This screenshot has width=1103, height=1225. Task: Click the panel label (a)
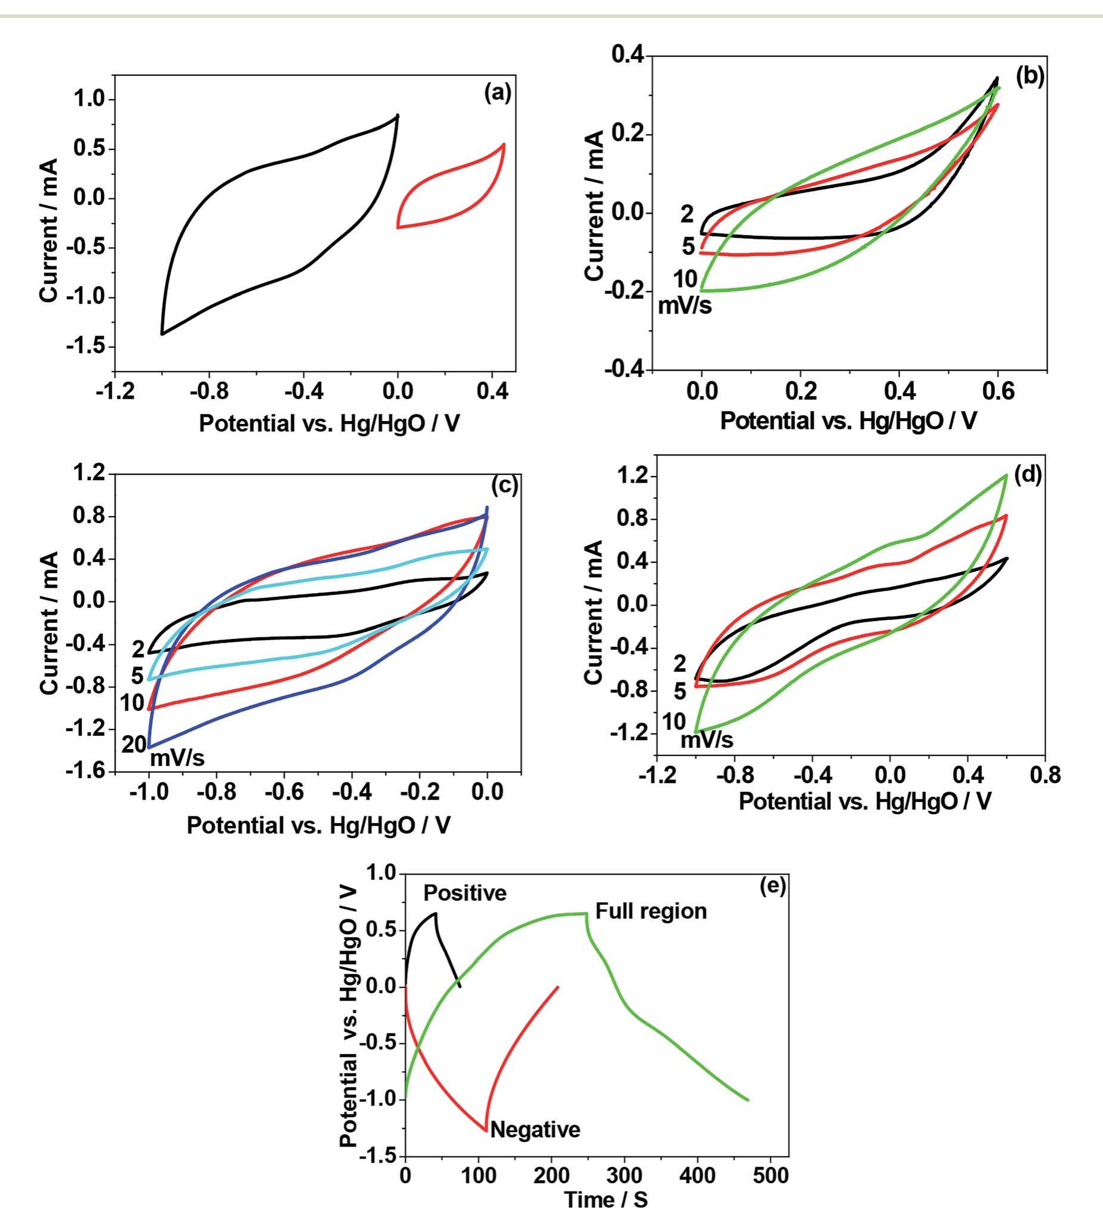498,93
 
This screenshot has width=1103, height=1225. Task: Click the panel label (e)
772,886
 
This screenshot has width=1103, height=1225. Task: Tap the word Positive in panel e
464,894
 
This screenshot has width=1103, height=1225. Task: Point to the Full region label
651,911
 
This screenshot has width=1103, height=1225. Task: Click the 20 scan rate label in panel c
134,745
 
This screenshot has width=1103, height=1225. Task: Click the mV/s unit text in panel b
685,306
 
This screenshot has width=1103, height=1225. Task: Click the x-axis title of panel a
329,423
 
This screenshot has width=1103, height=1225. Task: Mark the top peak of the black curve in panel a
398,115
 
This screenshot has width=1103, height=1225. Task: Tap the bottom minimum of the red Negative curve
486,1130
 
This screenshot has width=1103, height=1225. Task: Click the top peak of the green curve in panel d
1006,475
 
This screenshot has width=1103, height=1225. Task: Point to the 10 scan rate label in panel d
673,722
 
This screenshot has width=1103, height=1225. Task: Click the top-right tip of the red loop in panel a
504,145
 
